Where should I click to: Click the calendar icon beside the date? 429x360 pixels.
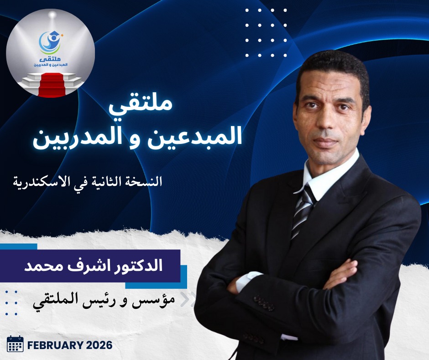coord(15,344)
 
